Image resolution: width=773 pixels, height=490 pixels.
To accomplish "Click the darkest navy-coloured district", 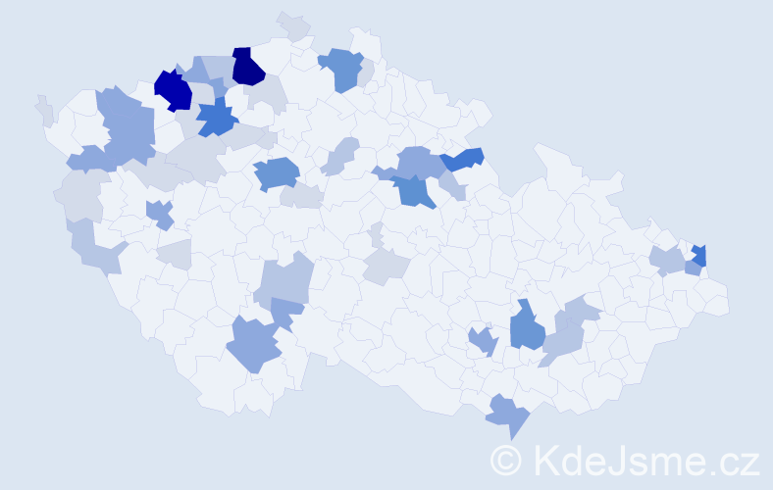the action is point(248,67).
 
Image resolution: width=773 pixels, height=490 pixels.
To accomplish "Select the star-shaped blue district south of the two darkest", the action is point(217,119).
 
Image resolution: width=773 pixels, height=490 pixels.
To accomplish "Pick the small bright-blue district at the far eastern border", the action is point(698,257).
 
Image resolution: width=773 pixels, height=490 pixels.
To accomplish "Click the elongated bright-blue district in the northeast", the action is point(462,158).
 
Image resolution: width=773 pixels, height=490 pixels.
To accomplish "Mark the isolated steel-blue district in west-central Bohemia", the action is point(278,173).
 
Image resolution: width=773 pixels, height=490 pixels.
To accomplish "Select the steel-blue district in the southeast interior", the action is point(528,329).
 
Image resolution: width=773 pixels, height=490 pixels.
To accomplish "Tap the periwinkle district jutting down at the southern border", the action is point(508,415).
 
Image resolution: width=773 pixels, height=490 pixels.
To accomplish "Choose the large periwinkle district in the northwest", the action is point(128,127).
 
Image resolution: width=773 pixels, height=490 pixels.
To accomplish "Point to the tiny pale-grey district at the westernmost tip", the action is point(44,110).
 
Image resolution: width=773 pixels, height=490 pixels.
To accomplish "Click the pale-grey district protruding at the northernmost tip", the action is point(292,24).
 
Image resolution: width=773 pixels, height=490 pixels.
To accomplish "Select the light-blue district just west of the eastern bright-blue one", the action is point(669,261).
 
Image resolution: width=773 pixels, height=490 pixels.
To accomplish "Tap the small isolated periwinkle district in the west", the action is point(160,213).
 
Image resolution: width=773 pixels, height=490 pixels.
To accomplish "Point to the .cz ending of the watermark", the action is point(732,460).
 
